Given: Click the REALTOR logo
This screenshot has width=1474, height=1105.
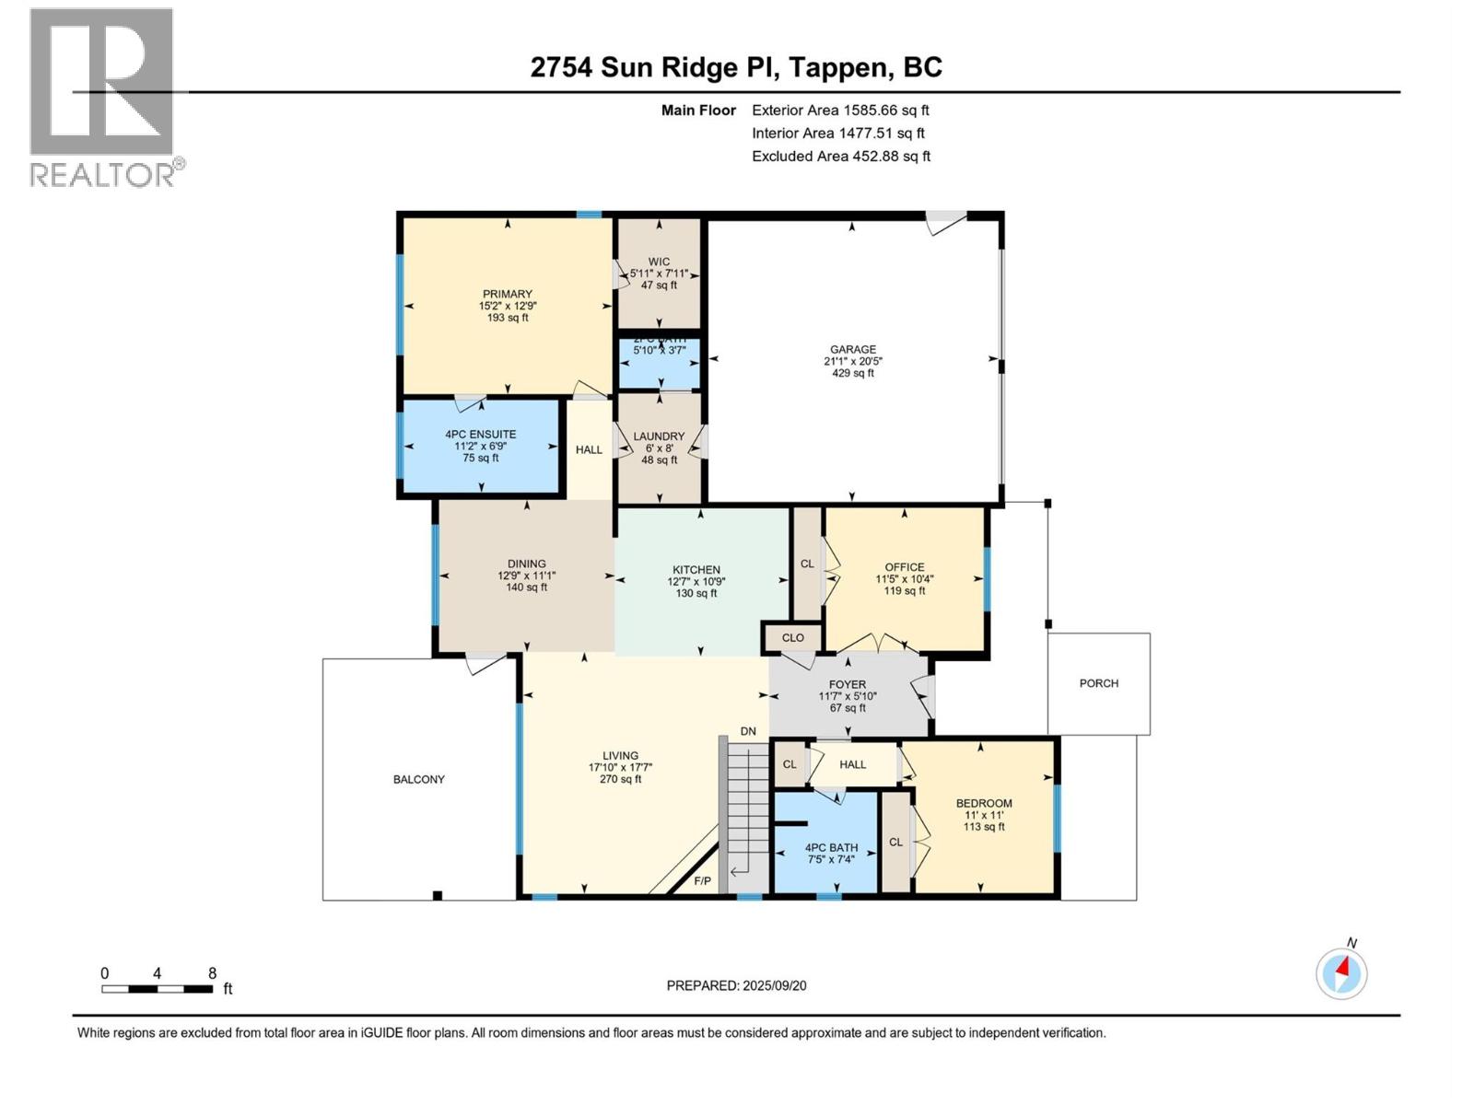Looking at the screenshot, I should click(x=102, y=97).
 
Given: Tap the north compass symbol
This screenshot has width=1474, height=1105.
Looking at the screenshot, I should click(x=1341, y=973).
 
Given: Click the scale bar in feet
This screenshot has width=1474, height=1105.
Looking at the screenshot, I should click(x=158, y=989).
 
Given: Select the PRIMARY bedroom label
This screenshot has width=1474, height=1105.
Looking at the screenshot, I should click(x=508, y=295).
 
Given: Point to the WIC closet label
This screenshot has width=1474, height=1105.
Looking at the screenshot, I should click(x=659, y=262).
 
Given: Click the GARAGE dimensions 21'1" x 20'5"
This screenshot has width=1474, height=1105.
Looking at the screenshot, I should click(x=853, y=361).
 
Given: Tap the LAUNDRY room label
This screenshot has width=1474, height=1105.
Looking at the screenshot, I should click(x=659, y=436).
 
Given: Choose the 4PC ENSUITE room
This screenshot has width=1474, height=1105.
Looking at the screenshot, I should click(x=480, y=446).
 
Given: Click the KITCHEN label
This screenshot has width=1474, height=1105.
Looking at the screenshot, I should click(x=696, y=570).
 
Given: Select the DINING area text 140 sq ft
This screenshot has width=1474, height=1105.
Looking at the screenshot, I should click(x=527, y=587).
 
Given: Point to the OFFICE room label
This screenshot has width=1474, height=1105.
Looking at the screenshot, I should click(x=905, y=567).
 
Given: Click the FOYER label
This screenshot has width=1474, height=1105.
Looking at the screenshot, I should click(x=848, y=684).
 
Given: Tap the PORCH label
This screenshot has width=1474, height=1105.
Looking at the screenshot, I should click(x=1099, y=683).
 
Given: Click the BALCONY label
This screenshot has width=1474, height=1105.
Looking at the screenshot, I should click(x=419, y=779).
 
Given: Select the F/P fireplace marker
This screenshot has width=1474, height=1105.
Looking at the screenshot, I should click(x=702, y=881).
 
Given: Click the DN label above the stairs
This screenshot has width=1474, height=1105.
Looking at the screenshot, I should click(x=748, y=731).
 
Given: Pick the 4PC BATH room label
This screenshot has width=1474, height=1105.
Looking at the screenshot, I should click(x=831, y=847).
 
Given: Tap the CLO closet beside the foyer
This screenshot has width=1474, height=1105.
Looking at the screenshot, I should click(x=793, y=637).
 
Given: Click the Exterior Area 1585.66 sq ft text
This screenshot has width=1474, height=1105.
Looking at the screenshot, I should click(x=840, y=110).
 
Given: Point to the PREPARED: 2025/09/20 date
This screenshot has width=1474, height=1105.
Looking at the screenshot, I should click(x=736, y=985).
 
